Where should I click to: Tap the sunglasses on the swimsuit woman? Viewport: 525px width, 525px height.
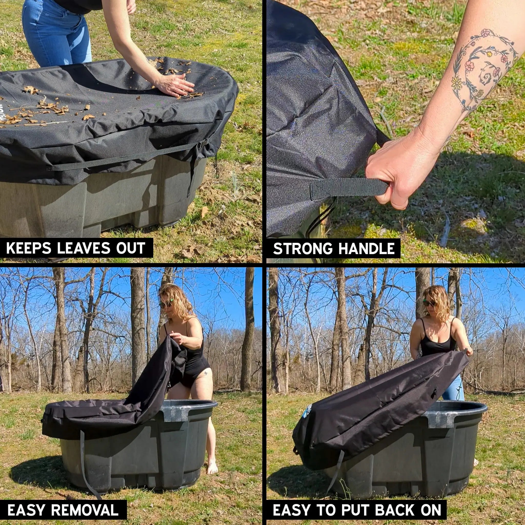(166, 304)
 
